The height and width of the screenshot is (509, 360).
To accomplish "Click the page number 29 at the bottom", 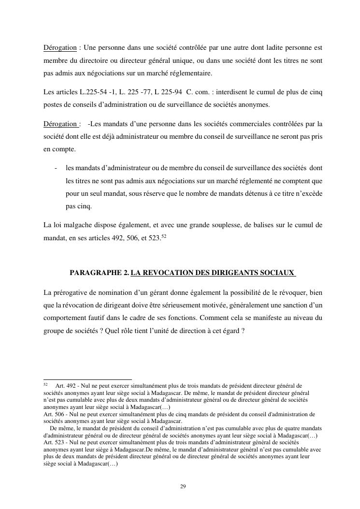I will pos(183,486).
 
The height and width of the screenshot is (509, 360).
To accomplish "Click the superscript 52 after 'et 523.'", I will pos(164,235).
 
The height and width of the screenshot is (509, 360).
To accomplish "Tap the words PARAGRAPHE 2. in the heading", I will pos(99,273).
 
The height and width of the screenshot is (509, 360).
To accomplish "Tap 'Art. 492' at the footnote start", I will pos(65,386).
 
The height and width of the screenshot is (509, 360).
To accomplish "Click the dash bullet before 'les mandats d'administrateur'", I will pos(57,168).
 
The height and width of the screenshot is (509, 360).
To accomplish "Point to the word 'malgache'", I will pos(72,225).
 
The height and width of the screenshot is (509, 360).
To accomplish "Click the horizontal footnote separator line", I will pos(87,379).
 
